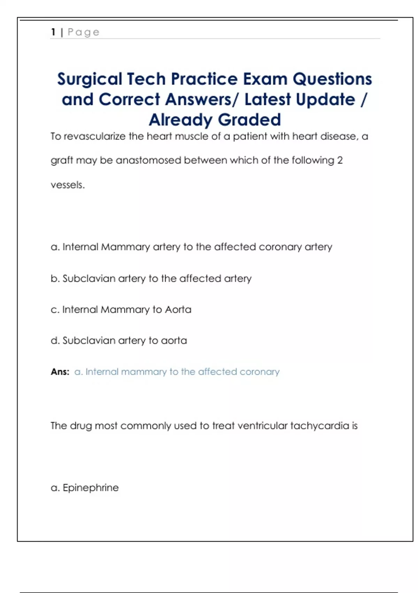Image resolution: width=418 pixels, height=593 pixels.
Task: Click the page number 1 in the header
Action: click(53, 32)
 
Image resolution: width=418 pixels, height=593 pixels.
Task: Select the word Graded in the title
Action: click(249, 120)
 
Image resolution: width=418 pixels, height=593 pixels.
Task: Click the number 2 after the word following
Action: click(340, 160)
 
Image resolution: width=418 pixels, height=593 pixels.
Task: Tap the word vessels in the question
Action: click(67, 185)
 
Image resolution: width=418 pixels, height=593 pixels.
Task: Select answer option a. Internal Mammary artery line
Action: click(191, 247)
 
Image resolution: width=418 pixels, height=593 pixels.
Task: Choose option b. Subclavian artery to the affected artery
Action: click(151, 278)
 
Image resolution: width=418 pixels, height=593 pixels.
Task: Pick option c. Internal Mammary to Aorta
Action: click(121, 309)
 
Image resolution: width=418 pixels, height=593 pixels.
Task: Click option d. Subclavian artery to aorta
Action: click(119, 340)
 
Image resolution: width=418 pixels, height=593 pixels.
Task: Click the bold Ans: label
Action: click(60, 372)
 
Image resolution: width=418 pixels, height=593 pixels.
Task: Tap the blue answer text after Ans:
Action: click(177, 372)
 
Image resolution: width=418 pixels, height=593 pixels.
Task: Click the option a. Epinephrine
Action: click(85, 488)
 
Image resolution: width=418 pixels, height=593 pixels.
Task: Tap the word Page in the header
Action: click(83, 32)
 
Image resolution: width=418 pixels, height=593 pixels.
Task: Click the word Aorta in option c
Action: click(178, 309)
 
